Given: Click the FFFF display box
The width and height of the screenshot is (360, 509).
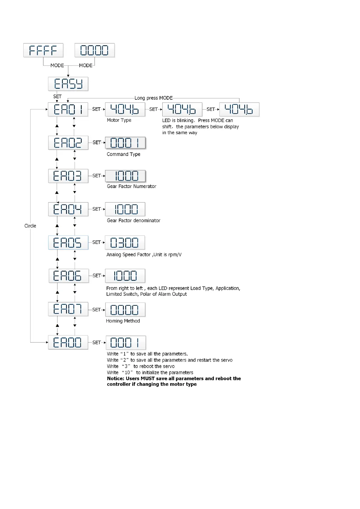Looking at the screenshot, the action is click(x=43, y=50).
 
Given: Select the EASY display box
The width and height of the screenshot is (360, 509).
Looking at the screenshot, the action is click(x=68, y=84).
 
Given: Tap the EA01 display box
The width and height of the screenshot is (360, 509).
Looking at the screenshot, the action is click(x=68, y=109).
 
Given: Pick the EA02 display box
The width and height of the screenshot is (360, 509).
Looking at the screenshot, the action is click(x=68, y=143).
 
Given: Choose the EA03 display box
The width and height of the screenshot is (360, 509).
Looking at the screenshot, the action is click(x=68, y=176).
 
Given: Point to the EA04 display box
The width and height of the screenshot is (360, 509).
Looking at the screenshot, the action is click(x=68, y=209).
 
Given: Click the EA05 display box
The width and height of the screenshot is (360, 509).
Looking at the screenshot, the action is click(x=68, y=242).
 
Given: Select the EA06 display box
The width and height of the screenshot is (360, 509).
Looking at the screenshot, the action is click(x=69, y=276).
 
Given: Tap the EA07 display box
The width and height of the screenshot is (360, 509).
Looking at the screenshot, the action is click(x=68, y=309).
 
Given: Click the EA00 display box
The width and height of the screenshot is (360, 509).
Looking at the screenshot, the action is click(x=68, y=342).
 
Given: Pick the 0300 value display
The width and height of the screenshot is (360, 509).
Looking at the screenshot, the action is click(x=125, y=242).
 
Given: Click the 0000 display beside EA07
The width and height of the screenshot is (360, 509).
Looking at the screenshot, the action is click(x=125, y=310).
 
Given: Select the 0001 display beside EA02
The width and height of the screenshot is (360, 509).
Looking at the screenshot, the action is click(x=125, y=143).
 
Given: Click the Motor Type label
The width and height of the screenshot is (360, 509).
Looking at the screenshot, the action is click(x=119, y=120).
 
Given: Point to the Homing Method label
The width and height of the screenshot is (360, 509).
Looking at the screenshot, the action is click(x=123, y=321).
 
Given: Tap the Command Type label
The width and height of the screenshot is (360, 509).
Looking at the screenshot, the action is click(x=123, y=154).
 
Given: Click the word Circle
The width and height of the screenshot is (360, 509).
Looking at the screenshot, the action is click(x=30, y=226).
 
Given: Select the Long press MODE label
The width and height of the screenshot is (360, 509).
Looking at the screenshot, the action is click(x=154, y=98).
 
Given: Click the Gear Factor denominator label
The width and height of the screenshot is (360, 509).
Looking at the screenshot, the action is click(x=133, y=221).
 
